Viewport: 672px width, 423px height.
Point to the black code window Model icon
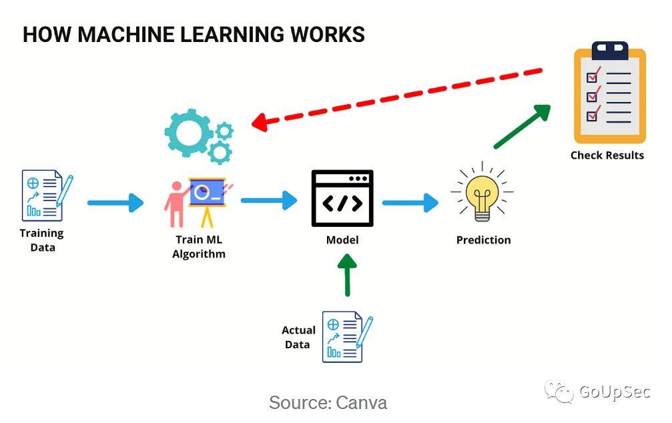click(342, 198)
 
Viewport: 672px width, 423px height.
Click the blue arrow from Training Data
click(115, 202)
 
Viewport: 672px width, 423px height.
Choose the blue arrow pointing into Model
click(269, 199)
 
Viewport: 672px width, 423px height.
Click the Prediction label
click(483, 240)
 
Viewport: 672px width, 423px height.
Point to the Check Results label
click(607, 155)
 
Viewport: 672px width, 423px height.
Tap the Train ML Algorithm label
click(199, 247)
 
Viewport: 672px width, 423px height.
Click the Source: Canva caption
click(328, 403)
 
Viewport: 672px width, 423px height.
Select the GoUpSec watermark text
click(614, 392)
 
